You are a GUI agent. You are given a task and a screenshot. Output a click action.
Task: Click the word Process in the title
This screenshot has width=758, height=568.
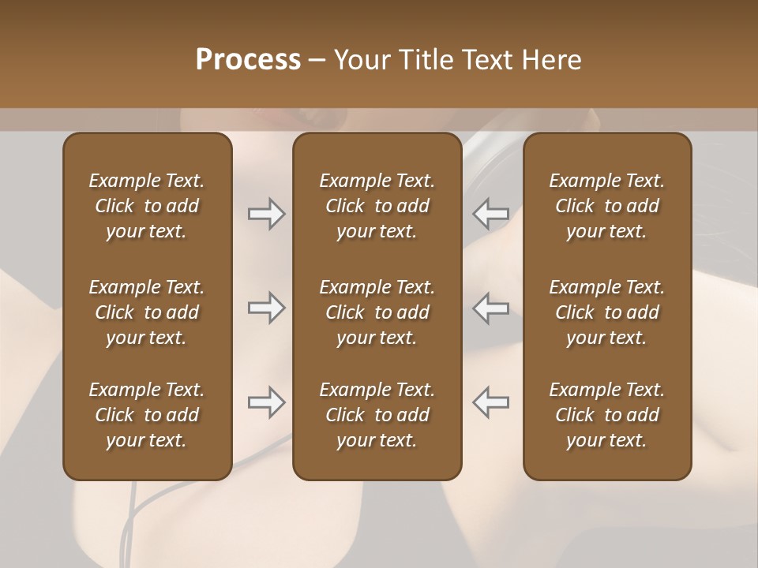pos(248,60)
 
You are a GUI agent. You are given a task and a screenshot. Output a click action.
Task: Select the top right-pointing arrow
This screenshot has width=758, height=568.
pos(267,214)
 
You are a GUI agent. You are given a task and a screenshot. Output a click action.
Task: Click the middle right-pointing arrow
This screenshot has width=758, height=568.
pos(267,308)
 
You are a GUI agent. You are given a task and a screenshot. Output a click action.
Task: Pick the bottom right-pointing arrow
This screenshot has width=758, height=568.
pos(267,402)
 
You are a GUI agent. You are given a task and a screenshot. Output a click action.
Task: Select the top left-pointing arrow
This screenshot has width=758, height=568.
pos(490,214)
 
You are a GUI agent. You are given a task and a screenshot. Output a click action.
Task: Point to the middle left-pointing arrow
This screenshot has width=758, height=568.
pos(490,308)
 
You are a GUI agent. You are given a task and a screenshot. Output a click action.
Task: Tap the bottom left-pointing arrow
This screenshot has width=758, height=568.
pos(490,402)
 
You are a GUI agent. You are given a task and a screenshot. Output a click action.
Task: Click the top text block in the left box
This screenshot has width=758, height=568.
pos(147,206)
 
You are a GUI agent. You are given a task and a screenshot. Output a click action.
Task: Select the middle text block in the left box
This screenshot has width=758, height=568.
pos(147,312)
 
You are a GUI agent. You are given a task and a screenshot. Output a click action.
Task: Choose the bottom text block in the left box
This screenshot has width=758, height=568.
pos(147,415)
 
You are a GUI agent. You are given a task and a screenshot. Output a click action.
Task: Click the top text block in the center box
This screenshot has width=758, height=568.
pos(377,206)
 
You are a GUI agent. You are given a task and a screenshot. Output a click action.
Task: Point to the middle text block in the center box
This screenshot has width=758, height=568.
pos(377,312)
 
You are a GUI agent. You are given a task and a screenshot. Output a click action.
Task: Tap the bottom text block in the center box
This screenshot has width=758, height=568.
pos(377,415)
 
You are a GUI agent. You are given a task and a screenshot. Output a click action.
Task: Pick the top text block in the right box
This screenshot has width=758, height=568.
pos(606,206)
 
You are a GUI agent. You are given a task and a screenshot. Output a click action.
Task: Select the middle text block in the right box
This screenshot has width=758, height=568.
pos(606,312)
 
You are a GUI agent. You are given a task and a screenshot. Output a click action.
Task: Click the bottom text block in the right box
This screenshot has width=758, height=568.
pos(606,415)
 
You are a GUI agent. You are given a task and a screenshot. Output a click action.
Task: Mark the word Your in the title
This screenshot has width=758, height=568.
pos(362,60)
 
